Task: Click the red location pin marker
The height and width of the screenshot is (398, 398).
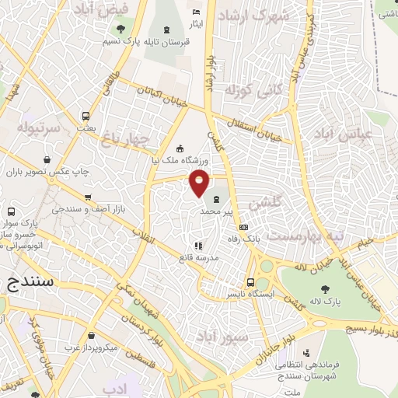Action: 200,183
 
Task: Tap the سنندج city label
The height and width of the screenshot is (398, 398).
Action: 30,281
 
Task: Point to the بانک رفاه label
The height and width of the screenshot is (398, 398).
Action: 241,239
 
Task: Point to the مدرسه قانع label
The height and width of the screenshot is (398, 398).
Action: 197,257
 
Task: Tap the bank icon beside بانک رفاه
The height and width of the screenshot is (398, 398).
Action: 244,227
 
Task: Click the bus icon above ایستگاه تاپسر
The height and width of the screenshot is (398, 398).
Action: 250,283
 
